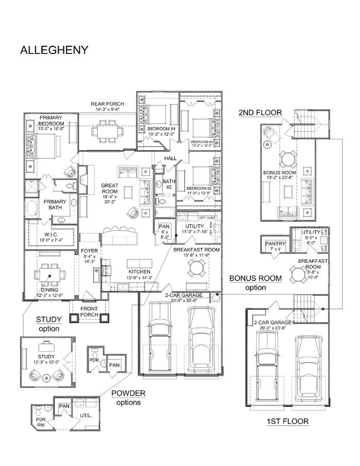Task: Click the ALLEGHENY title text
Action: pyautogui.click(x=54, y=50)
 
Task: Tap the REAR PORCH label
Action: pyautogui.click(x=107, y=104)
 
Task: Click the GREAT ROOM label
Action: pyautogui.click(x=110, y=186)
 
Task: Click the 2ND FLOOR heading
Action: pyautogui.click(x=260, y=113)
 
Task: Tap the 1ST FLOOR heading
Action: pyautogui.click(x=287, y=421)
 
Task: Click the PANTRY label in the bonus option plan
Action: pyautogui.click(x=273, y=244)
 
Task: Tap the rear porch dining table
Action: pyautogui.click(x=107, y=130)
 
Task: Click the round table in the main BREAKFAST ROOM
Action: pyautogui.click(x=195, y=267)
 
